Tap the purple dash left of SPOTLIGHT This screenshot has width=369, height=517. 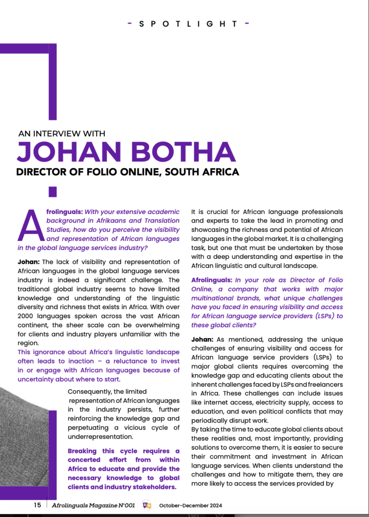point(130,24)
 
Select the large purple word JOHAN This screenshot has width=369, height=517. point(73,152)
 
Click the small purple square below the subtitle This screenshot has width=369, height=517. point(52,192)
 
